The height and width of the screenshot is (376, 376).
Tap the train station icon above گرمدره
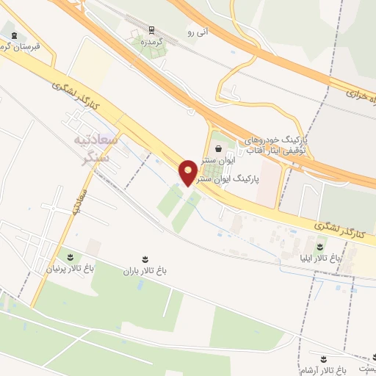151,30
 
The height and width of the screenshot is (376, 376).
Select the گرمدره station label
151,41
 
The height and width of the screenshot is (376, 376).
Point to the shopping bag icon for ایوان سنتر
220,148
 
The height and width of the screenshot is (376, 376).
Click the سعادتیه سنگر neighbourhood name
93,148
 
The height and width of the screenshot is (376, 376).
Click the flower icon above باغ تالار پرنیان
70,257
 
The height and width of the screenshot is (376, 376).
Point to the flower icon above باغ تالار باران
145,258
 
